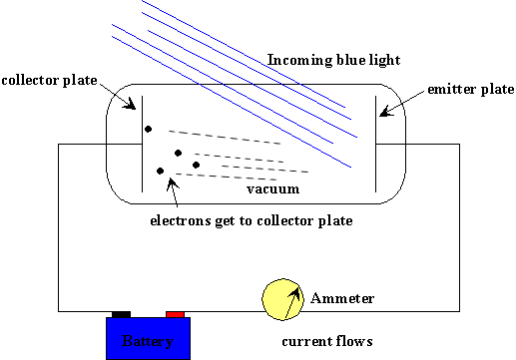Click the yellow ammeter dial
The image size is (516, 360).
click(282, 299)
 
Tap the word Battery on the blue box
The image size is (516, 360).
click(148, 341)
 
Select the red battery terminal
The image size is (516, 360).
click(175, 314)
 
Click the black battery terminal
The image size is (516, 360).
click(121, 314)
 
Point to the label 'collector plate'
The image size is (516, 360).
click(49, 81)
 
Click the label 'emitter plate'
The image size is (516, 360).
click(471, 90)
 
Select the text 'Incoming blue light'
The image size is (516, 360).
click(333, 60)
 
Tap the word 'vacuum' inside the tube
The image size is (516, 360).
click(272, 189)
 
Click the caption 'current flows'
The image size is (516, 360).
click(327, 341)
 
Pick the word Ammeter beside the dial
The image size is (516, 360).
click(342, 298)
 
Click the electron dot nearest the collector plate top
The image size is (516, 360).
click(148, 129)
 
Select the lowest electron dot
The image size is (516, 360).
click(160, 171)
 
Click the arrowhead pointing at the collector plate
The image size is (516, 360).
click(130, 104)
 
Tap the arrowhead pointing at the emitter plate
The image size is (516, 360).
click(386, 112)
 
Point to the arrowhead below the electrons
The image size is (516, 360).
click(172, 183)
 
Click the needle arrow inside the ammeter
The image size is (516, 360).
click(292, 302)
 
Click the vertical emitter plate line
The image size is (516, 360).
click(375, 144)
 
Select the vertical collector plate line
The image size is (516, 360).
click(142, 144)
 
